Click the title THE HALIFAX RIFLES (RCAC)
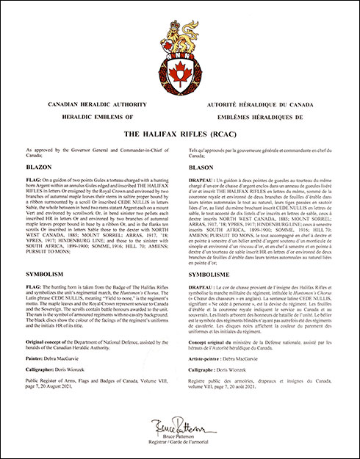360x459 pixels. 180,134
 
